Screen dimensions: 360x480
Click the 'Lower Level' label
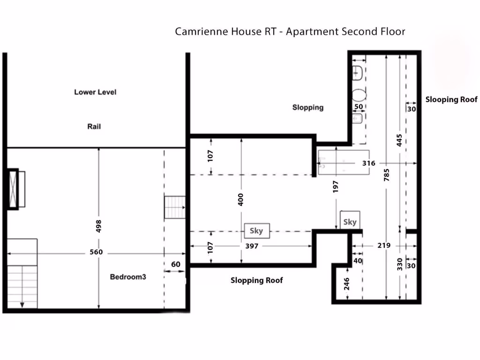[95, 92]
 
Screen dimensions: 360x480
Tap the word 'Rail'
[94, 127]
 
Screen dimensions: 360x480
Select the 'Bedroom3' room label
[128, 277]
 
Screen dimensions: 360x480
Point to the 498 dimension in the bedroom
[98, 226]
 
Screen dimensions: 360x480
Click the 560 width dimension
[96, 252]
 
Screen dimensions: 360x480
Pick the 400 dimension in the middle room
[241, 200]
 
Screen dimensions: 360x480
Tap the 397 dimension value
[252, 246]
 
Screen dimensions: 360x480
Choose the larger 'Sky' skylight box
[256, 231]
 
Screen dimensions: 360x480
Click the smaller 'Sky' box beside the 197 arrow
[350, 222]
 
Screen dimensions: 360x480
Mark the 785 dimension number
[386, 180]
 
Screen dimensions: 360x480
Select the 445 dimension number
[399, 141]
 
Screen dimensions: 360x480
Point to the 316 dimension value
[369, 163]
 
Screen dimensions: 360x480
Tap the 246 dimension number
[347, 284]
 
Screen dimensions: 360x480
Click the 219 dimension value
[384, 245]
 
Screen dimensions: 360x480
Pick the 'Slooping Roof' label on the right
[451, 99]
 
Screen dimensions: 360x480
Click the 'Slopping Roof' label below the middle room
[257, 280]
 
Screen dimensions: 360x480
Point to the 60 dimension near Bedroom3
[175, 264]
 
